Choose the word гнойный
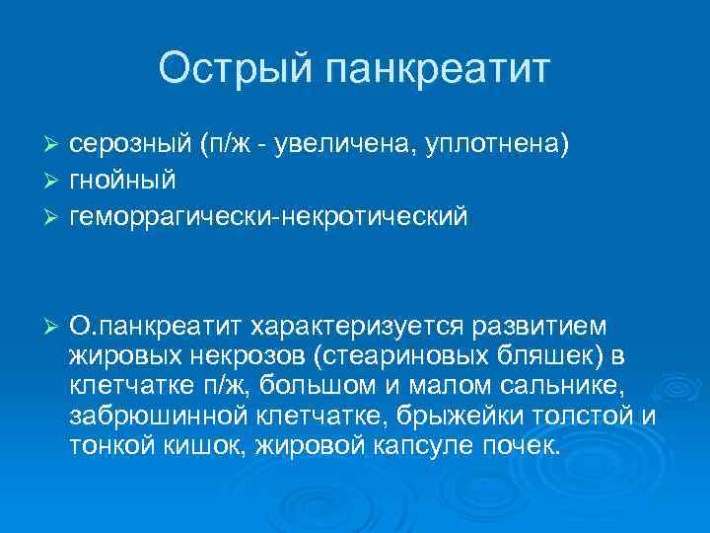[x=122, y=181]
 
